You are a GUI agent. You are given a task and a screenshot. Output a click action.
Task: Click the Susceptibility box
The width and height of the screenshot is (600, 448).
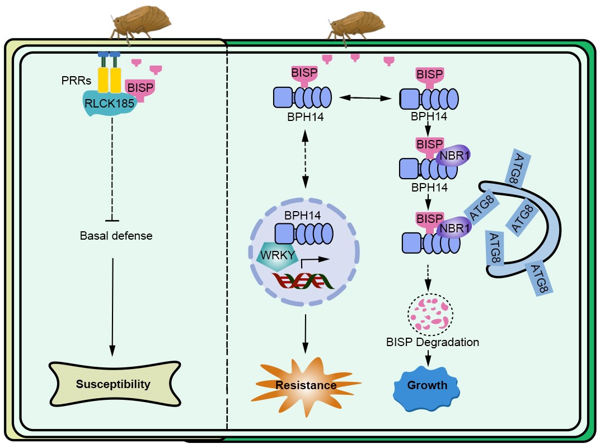point(113,385)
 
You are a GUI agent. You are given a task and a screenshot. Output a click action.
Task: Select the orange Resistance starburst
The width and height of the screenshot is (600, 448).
point(306,385)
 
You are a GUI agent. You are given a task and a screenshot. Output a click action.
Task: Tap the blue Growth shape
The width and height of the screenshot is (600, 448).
point(427,385)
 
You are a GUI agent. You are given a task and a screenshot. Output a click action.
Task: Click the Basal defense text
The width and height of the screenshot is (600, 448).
point(116,236)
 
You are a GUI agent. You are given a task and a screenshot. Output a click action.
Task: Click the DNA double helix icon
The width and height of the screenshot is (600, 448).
point(303,281)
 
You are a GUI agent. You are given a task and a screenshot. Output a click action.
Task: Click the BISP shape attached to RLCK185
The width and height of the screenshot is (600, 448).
point(140,88)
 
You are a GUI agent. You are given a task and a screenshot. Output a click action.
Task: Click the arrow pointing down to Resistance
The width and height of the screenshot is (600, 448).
point(305,333)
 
